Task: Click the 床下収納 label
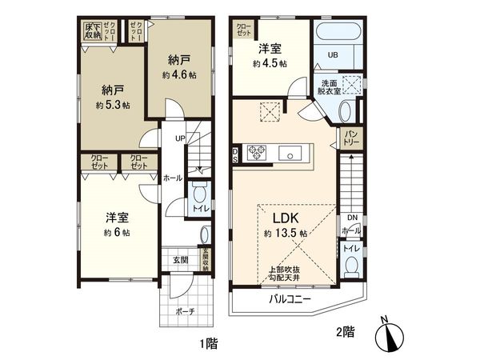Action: (x=93, y=32)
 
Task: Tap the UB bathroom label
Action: (x=335, y=54)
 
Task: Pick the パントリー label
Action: (x=353, y=137)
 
